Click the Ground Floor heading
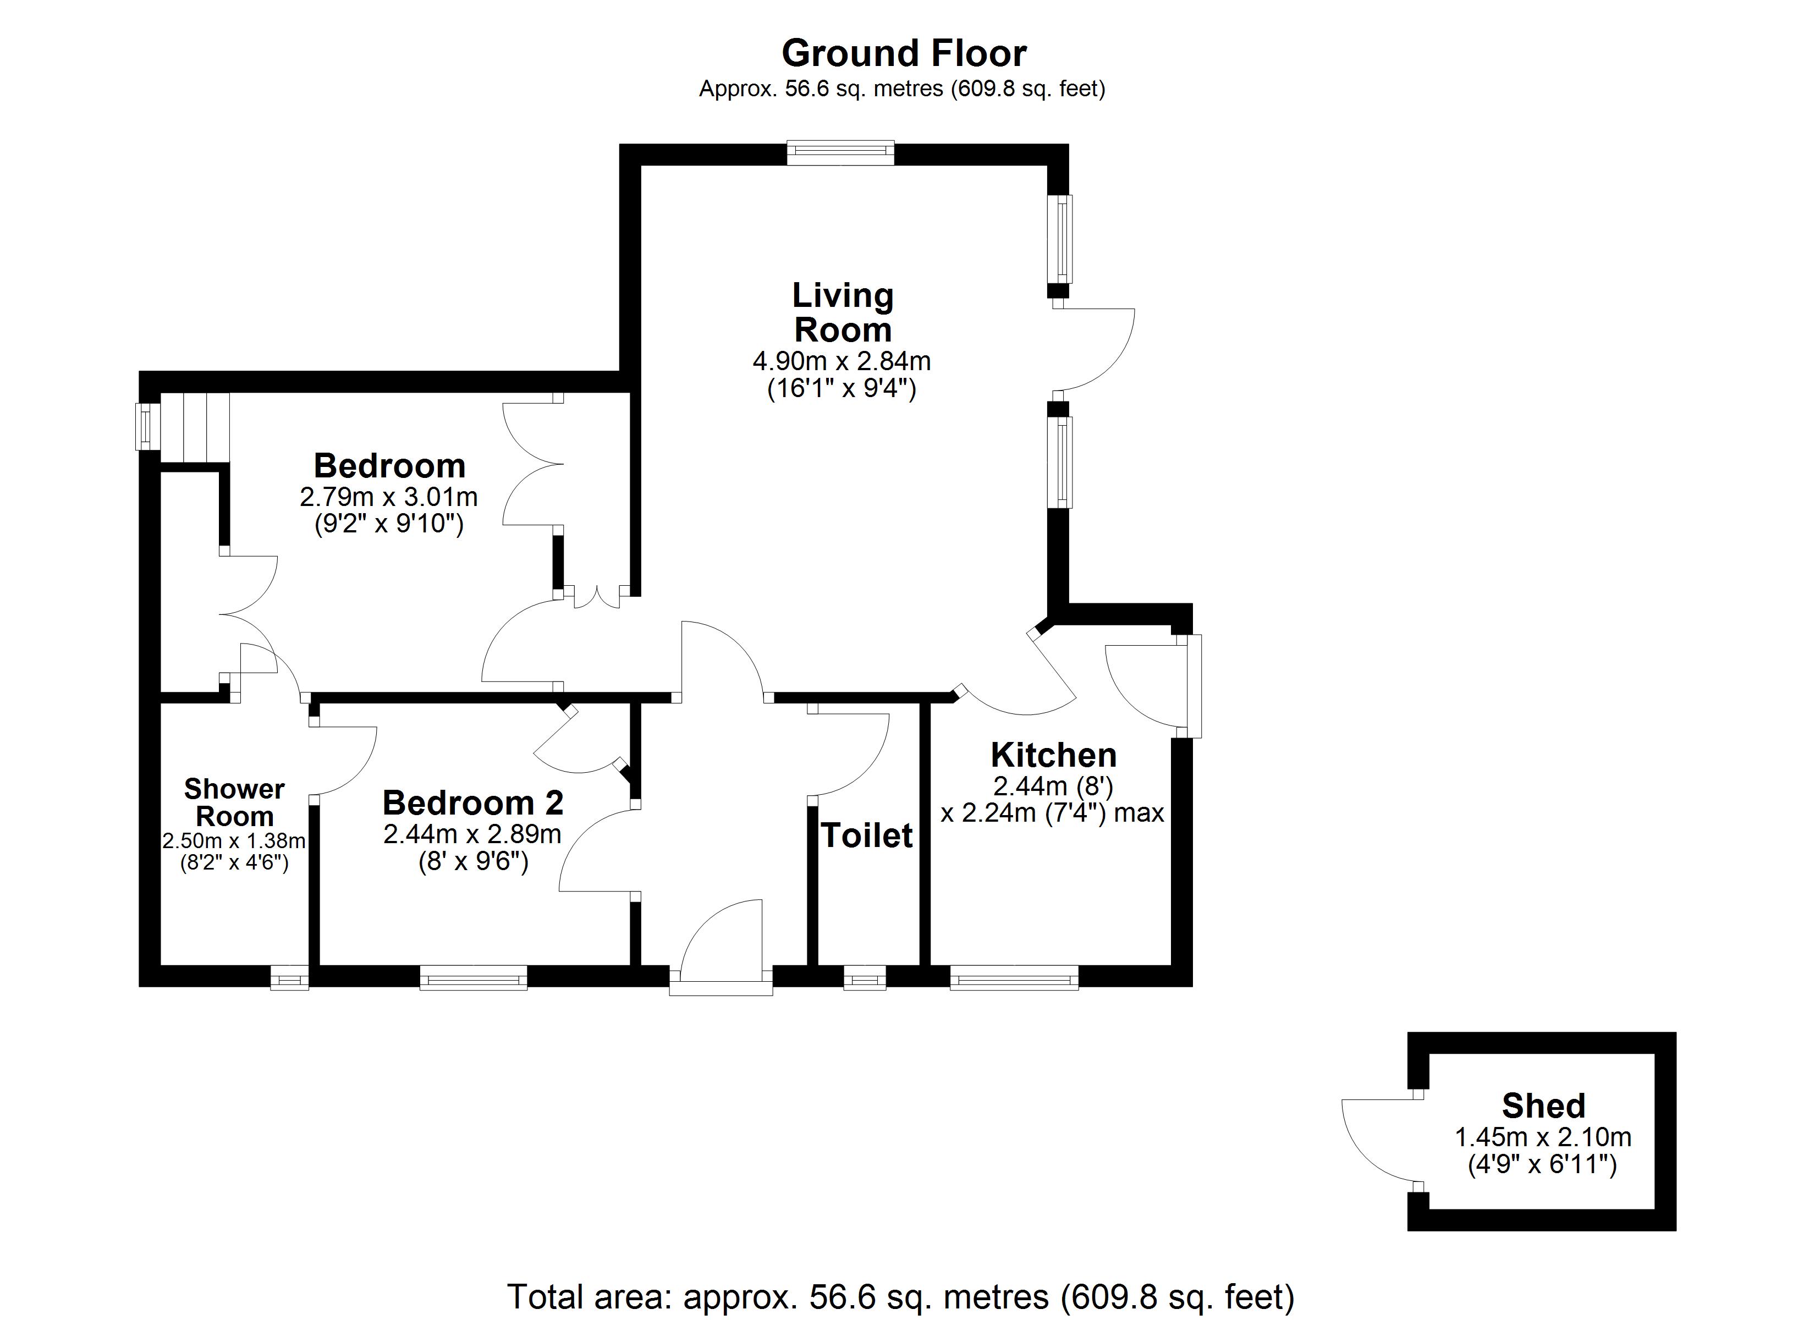[904, 54]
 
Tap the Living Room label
[843, 313]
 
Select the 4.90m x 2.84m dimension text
[842, 361]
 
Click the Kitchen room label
[1053, 755]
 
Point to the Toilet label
[867, 835]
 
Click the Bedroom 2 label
[473, 802]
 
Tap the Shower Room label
[234, 803]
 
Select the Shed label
[1544, 1105]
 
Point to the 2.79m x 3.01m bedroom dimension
[389, 497]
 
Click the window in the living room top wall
[840, 153]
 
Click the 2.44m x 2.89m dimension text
[472, 834]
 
